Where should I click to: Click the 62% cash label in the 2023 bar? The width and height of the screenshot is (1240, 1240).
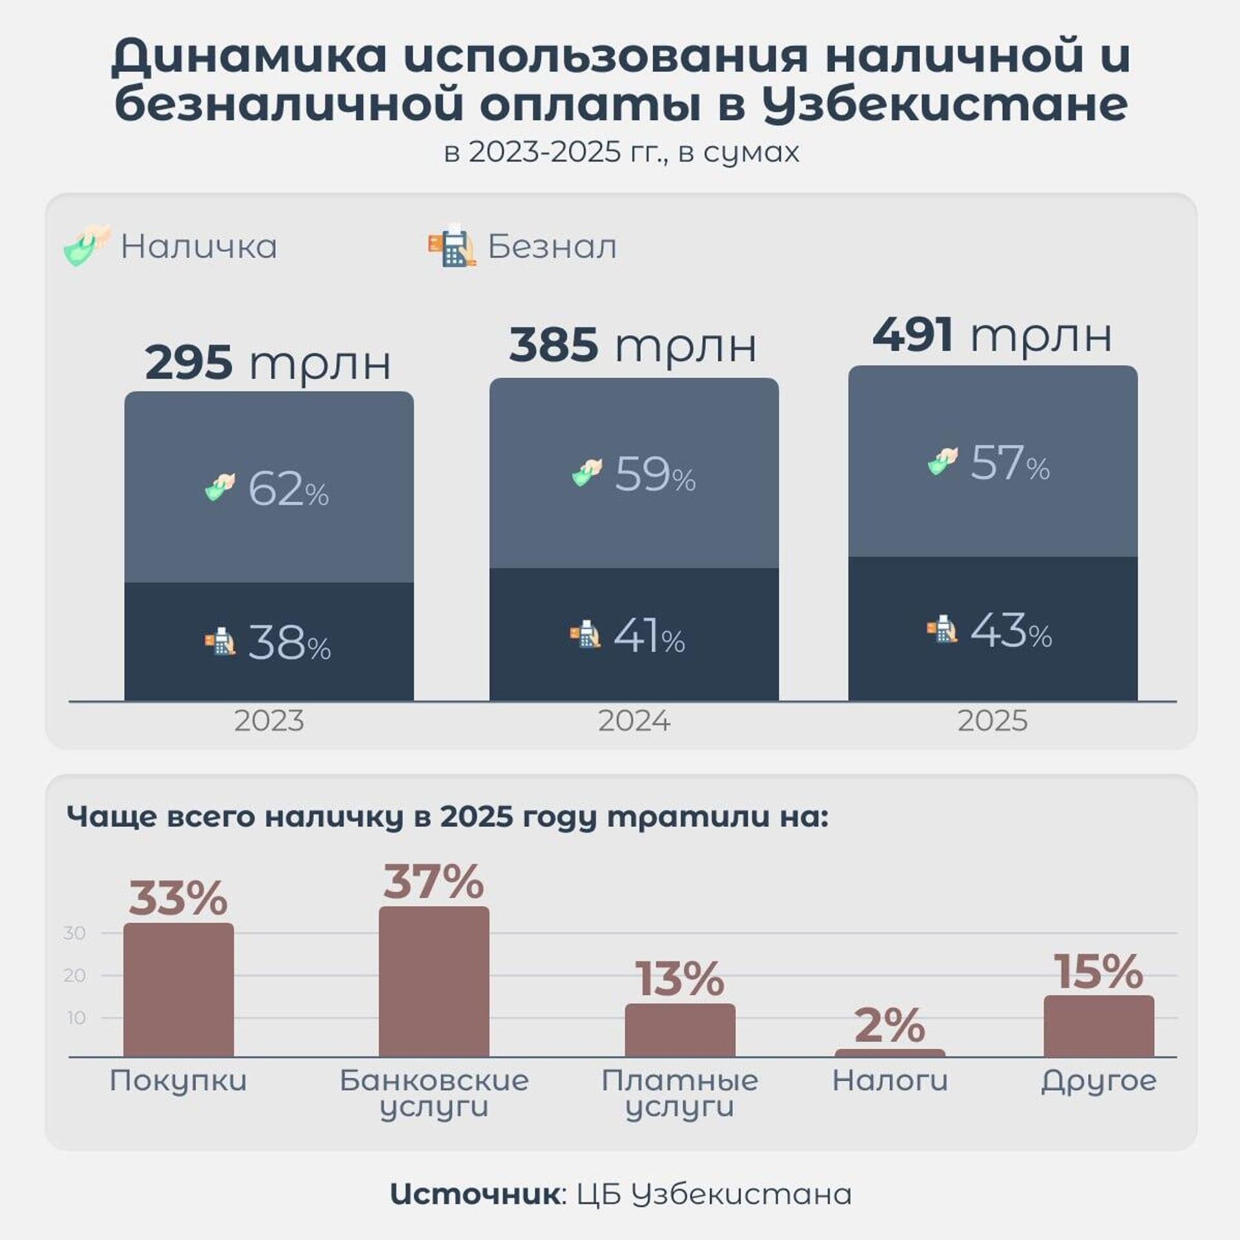pos(288,489)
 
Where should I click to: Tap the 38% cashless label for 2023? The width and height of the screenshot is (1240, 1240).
pos(289,644)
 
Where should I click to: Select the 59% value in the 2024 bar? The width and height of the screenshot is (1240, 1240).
pos(655,475)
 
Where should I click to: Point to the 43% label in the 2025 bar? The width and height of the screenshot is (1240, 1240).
pos(1011,632)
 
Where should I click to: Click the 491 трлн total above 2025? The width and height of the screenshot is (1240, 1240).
pos(992,336)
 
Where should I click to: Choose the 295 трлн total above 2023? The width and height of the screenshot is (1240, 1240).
pos(268,363)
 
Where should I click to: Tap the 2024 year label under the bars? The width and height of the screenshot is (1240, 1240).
pos(634,721)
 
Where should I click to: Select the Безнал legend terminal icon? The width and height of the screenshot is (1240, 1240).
pos(451,245)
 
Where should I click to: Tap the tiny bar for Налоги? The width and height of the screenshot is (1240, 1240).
pos(890,1053)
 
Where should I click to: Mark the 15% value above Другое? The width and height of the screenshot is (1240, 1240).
pos(1099,972)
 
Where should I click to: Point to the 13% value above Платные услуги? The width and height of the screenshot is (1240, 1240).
pos(680,979)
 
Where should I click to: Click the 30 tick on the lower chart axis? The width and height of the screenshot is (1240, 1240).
pos(75,933)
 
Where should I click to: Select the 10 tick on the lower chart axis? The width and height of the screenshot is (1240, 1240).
pos(76,1018)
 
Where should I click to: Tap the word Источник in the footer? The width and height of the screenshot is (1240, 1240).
pos(475,1195)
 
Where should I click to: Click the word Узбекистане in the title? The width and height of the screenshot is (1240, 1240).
pos(945,105)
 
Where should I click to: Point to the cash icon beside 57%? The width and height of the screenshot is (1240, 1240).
pos(943,461)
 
